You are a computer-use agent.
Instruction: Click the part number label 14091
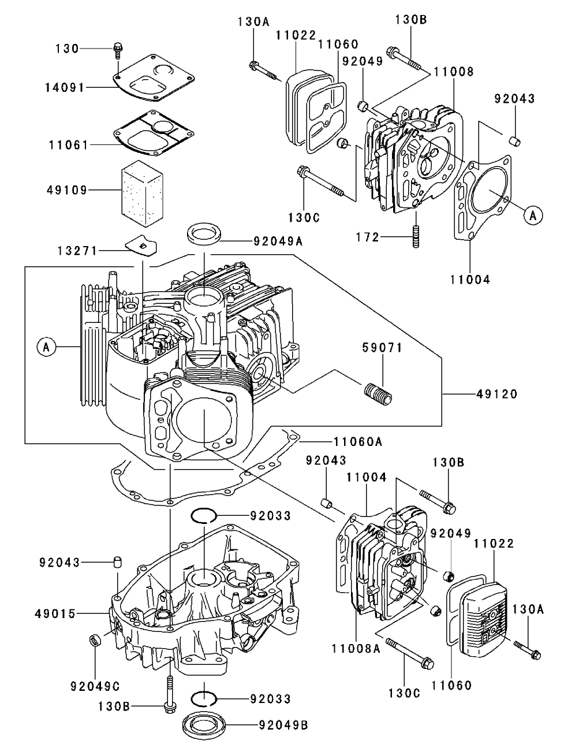(65, 87)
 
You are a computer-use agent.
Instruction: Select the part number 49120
(497, 394)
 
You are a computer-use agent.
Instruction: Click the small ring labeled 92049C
(94, 641)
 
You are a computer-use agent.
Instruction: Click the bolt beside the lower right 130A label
(526, 650)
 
